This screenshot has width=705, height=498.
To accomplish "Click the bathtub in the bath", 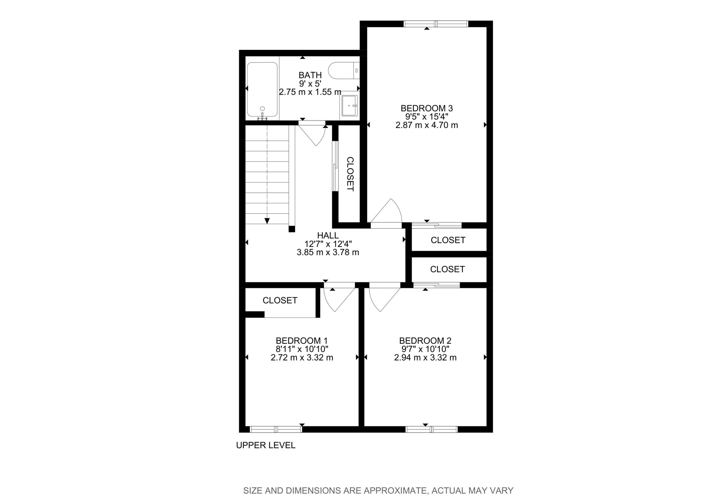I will (262, 89).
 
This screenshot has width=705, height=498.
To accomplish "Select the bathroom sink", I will (350, 106).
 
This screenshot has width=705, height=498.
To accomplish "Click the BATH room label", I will (310, 75).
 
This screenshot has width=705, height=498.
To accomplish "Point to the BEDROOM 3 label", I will (427, 108).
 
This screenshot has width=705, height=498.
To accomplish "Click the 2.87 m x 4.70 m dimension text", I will (427, 125).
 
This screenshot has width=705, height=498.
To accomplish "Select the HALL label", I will (328, 235).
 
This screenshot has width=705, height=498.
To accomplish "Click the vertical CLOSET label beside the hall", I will (350, 174).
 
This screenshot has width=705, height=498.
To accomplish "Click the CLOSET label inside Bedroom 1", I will (280, 300).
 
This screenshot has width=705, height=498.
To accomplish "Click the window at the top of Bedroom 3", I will (435, 24).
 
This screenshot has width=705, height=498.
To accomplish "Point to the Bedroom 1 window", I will (276, 429).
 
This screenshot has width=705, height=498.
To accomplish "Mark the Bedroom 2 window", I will (431, 429).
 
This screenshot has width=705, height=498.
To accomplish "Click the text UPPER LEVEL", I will (266, 445).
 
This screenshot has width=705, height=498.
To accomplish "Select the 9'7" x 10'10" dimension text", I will (425, 349).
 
